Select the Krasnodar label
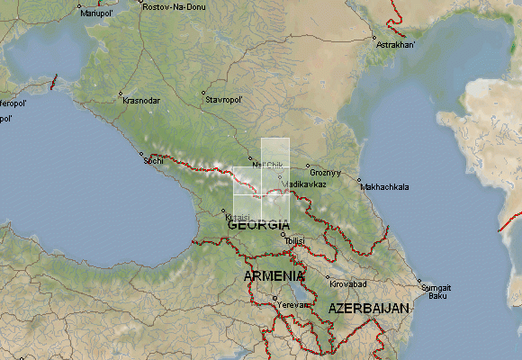click(141, 101)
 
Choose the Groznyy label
click(326, 172)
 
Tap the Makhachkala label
click(384, 187)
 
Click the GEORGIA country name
click(259, 224)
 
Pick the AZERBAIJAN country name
click(369, 308)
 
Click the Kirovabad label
click(349, 284)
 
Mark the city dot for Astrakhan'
click(373, 37)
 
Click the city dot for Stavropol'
click(203, 93)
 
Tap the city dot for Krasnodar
click(120, 94)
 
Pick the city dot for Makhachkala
click(358, 181)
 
